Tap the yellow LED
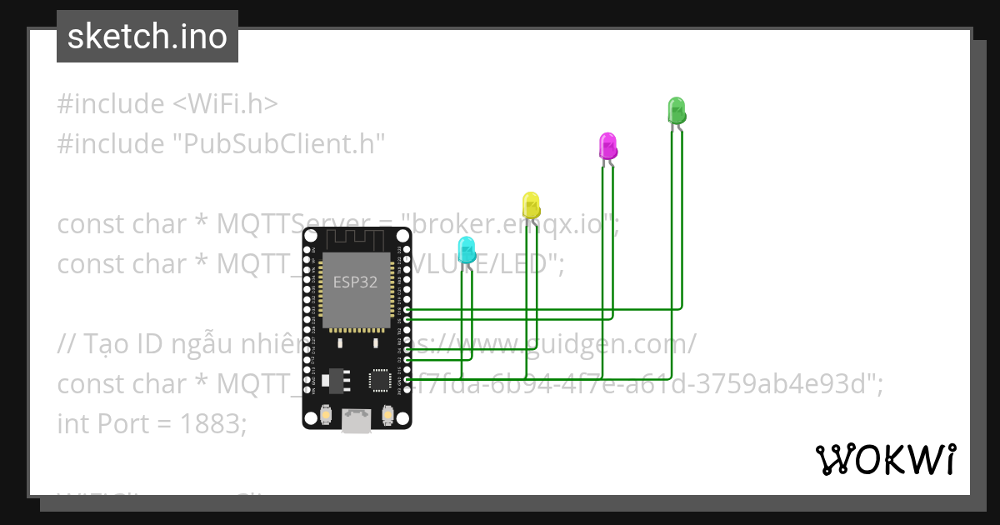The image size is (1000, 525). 531,204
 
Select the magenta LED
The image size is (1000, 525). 608,146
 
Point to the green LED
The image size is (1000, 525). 676,110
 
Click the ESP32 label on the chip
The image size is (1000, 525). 355,282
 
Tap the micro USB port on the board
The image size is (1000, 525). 357,421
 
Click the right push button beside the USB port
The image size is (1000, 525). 387,413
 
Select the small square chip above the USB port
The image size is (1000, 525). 380,380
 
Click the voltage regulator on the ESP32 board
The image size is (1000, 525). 334,379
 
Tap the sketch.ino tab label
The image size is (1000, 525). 147,37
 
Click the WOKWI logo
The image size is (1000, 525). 885,459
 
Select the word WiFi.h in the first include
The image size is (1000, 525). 225,104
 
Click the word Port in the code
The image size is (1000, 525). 122,424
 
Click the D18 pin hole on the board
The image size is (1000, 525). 407,309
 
